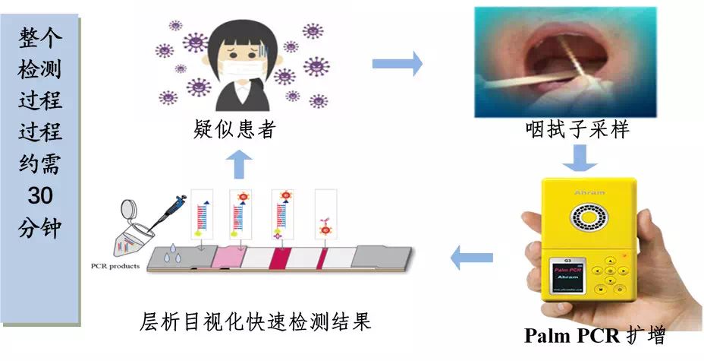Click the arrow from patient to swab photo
coord(397,63)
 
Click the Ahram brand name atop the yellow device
coord(589,193)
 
